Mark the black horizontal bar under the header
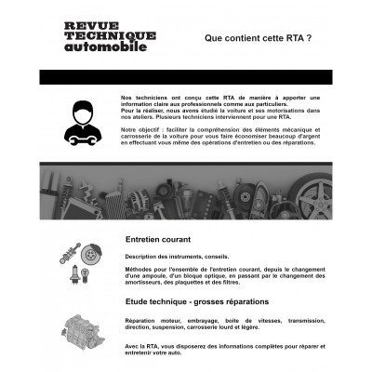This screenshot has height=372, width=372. tap(186, 76)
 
